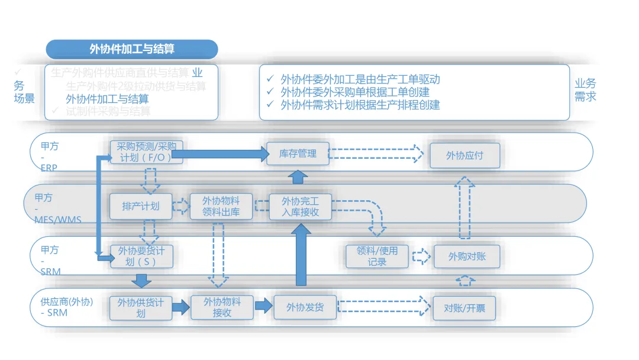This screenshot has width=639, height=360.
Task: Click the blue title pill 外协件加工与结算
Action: tap(132, 49)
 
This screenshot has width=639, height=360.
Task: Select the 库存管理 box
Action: tap(298, 154)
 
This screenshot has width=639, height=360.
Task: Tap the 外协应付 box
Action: tap(464, 155)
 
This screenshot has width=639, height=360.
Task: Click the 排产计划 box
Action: tap(141, 206)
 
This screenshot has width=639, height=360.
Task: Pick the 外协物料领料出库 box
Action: tap(221, 206)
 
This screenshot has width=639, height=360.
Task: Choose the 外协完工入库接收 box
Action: tap(301, 206)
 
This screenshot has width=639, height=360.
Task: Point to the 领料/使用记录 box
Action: tap(377, 256)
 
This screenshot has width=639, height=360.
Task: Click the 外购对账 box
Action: tap(466, 256)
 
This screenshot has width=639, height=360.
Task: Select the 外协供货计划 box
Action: tap(141, 307)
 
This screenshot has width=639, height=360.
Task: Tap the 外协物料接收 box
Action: tap(222, 307)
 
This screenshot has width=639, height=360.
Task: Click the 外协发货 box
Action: tap(305, 307)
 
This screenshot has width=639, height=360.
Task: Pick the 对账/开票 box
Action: tap(464, 308)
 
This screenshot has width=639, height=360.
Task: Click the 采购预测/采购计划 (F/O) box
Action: tap(140, 152)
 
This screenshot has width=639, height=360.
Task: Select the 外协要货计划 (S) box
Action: tap(141, 256)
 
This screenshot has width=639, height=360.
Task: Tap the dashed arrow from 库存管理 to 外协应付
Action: tap(377, 154)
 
